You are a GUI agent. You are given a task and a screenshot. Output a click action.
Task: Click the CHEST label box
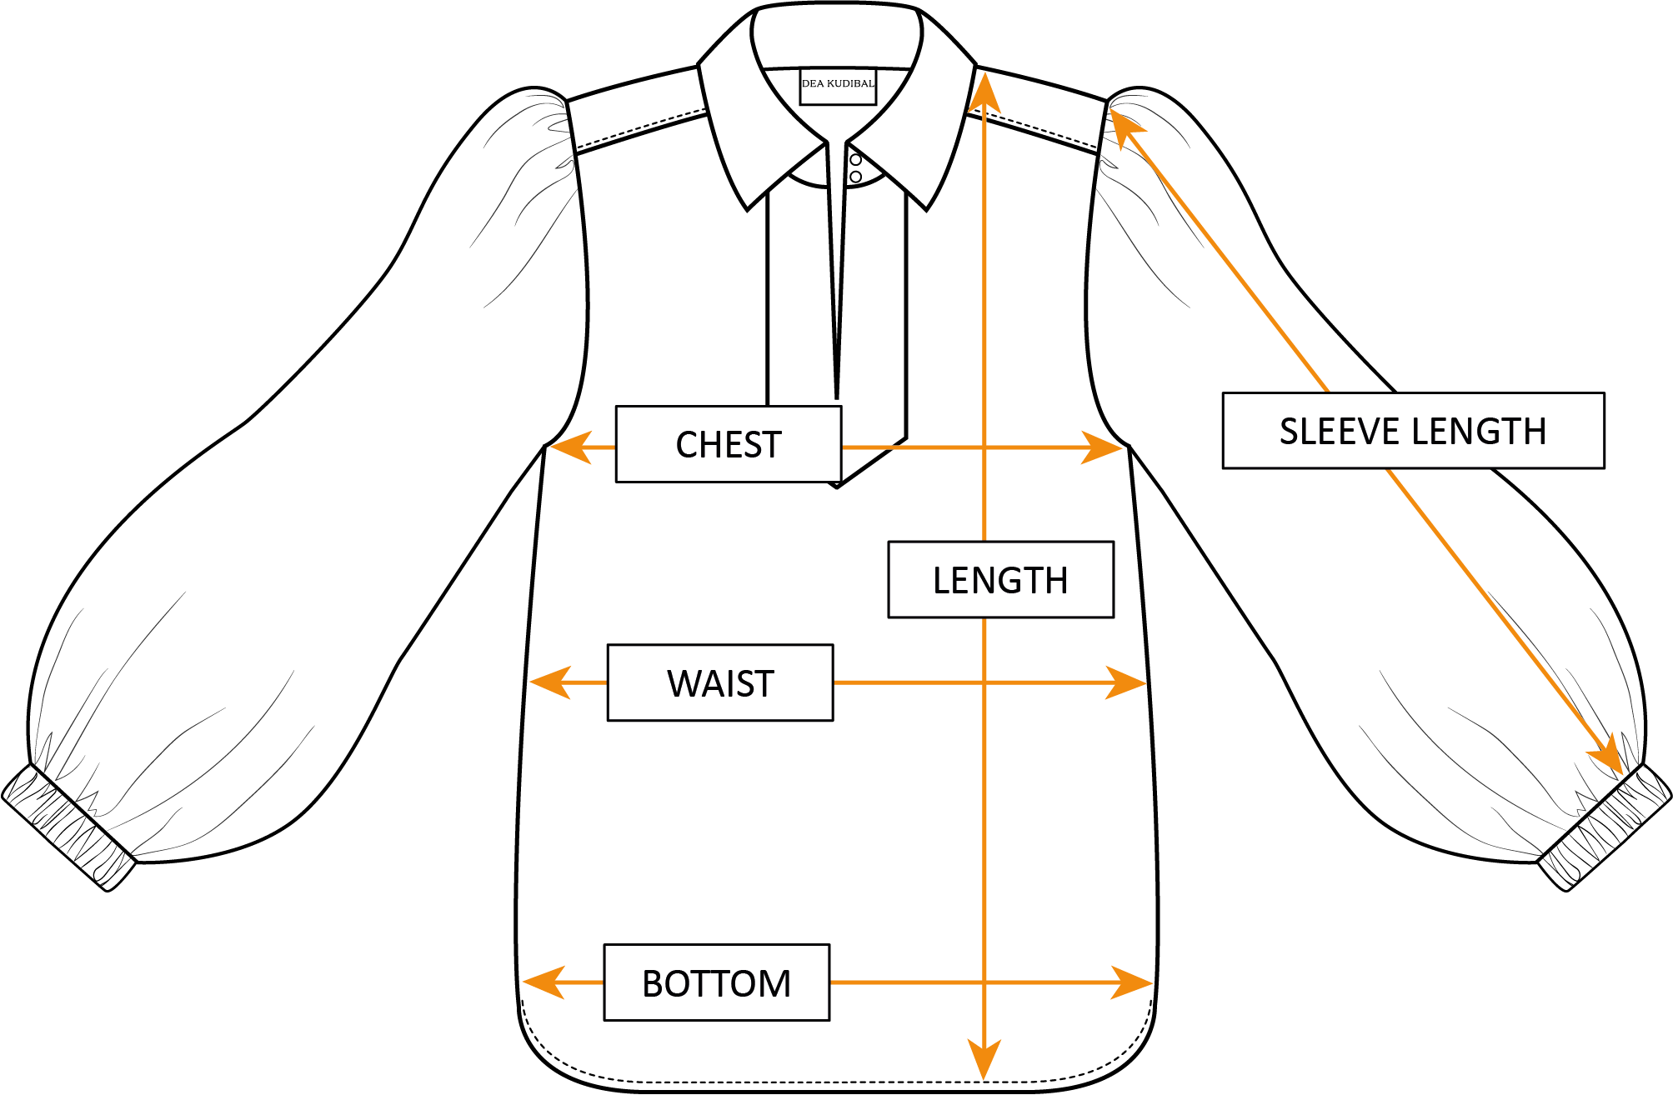[728, 444]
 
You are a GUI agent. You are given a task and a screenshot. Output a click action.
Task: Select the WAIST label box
[720, 682]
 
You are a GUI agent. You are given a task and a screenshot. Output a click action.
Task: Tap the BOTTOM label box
[716, 982]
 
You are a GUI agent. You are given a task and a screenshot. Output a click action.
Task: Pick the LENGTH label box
[1000, 580]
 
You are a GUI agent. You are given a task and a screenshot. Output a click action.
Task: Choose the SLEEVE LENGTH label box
[1413, 431]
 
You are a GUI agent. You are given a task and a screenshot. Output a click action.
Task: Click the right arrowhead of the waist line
[1126, 682]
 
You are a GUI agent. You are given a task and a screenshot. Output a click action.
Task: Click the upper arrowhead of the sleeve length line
[1124, 127]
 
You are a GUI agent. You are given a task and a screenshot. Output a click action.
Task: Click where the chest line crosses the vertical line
[984, 447]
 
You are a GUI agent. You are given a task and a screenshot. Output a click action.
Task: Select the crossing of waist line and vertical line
[984, 682]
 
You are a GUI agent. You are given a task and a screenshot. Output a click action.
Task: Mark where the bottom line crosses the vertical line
[984, 982]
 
